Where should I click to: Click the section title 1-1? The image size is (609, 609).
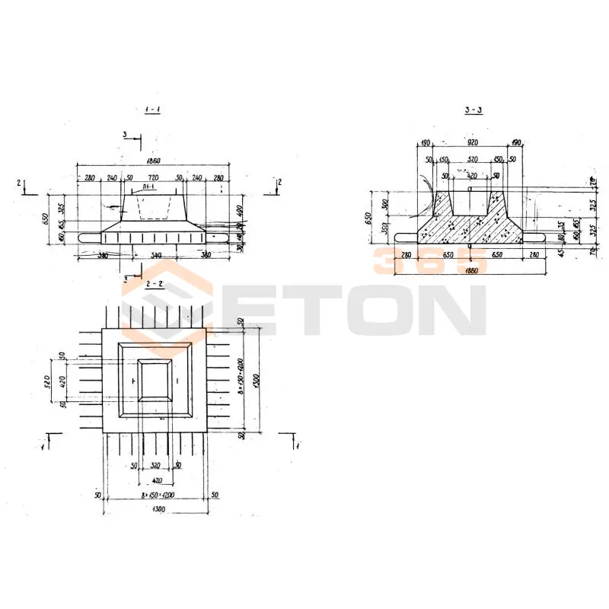tap(152, 110)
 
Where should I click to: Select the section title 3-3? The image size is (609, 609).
tap(473, 110)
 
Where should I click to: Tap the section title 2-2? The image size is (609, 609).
tap(155, 283)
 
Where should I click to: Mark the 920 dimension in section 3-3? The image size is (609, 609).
tap(473, 142)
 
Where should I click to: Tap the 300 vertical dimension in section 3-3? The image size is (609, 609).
tap(386, 203)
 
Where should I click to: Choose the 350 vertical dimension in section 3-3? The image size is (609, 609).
tap(386, 228)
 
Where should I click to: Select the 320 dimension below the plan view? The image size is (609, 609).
tap(155, 465)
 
